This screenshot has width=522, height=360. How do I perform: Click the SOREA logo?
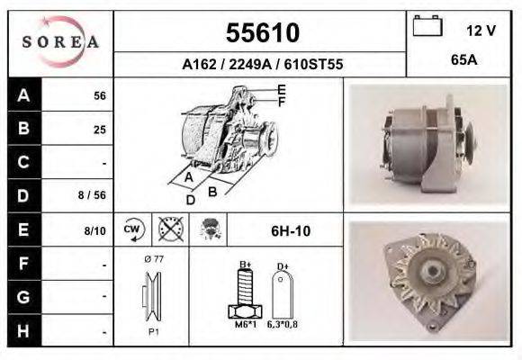click(x=60, y=41)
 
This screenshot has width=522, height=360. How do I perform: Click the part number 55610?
click(x=263, y=32)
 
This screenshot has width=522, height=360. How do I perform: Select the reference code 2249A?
click(x=250, y=64)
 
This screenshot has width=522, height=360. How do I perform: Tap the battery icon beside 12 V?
click(x=427, y=25)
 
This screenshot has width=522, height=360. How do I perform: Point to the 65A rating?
click(x=464, y=60)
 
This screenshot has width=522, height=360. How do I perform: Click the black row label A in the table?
click(x=23, y=95)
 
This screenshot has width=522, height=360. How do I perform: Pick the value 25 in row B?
click(x=100, y=130)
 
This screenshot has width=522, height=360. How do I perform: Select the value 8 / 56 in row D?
click(x=92, y=195)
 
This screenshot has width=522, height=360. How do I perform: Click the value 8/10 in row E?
click(x=94, y=230)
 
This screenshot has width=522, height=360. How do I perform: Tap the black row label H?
click(x=23, y=331)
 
